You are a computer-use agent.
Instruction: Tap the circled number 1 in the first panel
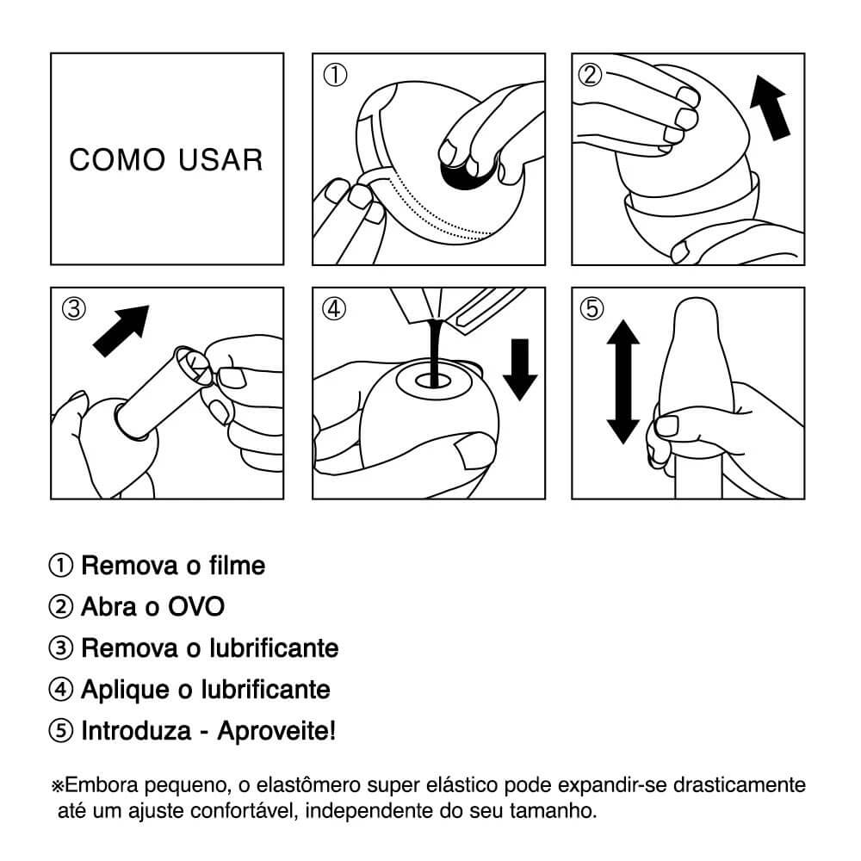[334, 76]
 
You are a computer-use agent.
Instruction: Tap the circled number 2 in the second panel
[591, 76]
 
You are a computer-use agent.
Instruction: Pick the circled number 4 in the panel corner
[334, 308]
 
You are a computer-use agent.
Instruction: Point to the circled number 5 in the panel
[592, 308]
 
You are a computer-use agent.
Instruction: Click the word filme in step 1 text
[238, 566]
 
